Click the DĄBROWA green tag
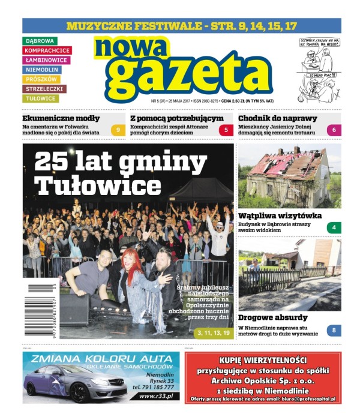(x=40, y=41)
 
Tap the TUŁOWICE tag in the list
(x=41, y=98)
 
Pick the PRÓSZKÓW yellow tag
(x=42, y=79)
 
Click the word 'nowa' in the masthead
(x=132, y=47)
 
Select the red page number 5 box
(x=226, y=130)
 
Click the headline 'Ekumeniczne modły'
(x=61, y=118)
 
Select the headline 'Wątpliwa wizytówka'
(x=280, y=215)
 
